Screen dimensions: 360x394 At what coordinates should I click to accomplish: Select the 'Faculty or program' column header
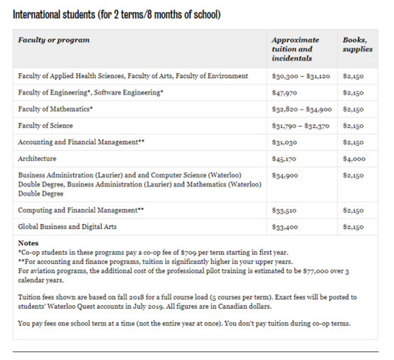(x=54, y=40)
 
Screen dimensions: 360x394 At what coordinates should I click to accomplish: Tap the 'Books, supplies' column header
(x=357, y=45)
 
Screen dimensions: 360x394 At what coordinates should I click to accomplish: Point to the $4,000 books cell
(x=354, y=159)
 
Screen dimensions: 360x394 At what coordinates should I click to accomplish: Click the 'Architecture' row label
(x=37, y=158)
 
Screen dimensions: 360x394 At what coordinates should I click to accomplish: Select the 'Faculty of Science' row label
(x=45, y=125)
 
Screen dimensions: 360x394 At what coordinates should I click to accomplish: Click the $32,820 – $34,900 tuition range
(x=301, y=109)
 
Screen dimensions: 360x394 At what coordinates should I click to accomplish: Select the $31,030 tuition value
(x=284, y=142)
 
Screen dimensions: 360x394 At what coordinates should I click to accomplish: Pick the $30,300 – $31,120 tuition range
(x=301, y=76)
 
